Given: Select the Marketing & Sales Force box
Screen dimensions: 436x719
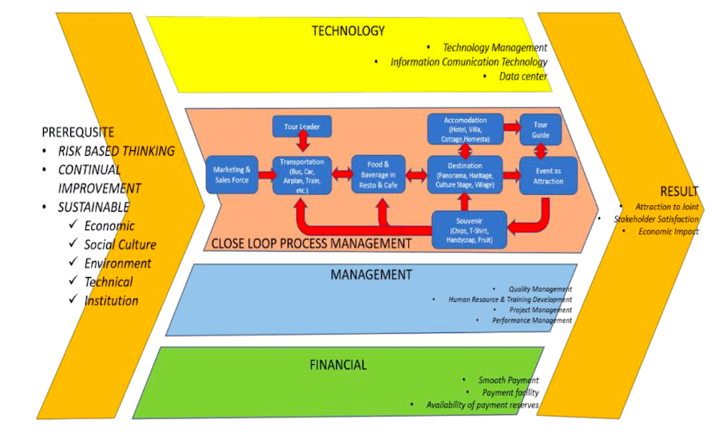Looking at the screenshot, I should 232,174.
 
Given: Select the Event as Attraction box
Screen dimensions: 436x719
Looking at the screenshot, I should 548,175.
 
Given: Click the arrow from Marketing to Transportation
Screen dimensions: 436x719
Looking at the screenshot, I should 264,174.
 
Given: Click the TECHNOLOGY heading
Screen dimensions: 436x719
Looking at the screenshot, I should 348,31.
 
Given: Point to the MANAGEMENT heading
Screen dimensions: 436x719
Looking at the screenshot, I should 371,275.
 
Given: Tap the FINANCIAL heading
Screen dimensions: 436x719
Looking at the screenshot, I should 338,365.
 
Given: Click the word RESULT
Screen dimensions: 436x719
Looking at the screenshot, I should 679,192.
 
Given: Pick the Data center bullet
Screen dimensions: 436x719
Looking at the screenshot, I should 523,77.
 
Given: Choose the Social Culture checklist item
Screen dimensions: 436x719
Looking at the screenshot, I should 120,244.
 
